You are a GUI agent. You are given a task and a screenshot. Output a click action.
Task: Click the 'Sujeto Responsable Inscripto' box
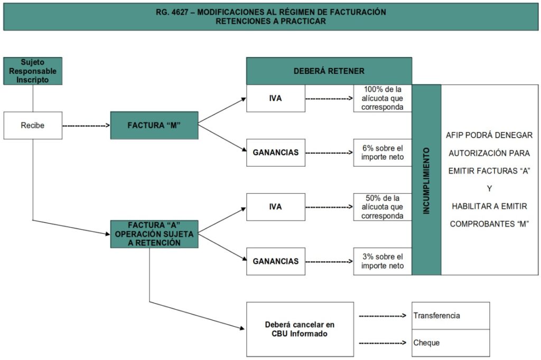click(x=33, y=71)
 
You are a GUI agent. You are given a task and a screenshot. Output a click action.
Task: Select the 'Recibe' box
click(x=33, y=126)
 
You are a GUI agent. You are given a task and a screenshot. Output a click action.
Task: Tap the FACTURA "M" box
click(x=154, y=126)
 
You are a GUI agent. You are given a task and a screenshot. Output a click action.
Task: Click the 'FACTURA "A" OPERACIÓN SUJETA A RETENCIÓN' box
click(x=154, y=234)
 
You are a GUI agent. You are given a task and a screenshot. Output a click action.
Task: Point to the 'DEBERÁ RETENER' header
click(x=329, y=71)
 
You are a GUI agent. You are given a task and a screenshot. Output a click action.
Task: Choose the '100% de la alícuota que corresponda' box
click(x=383, y=98)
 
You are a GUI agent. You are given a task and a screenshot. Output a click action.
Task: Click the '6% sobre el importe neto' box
click(x=383, y=153)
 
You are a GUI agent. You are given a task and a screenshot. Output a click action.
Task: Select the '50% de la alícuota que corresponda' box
click(x=383, y=207)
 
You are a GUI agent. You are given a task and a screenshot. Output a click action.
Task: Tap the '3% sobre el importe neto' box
click(x=383, y=261)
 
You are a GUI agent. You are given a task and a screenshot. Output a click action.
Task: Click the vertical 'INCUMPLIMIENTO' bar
click(x=426, y=180)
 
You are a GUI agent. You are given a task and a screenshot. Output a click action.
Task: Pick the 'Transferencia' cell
click(x=451, y=316)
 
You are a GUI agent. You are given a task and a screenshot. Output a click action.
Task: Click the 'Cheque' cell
click(x=451, y=343)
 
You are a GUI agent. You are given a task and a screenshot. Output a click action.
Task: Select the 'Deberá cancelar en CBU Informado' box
click(x=300, y=329)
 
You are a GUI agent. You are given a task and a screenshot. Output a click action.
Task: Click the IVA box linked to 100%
click(x=276, y=98)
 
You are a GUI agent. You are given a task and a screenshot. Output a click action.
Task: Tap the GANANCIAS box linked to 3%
click(x=276, y=261)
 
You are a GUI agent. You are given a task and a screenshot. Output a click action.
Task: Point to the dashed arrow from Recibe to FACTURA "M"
click(x=86, y=126)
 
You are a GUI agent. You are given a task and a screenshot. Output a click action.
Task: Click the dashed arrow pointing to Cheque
click(x=383, y=343)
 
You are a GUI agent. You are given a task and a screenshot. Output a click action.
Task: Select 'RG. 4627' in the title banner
click(x=172, y=12)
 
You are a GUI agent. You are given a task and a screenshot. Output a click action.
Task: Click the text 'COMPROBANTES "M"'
click(x=489, y=224)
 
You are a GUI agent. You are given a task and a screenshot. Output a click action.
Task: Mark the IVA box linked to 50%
click(x=276, y=207)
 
